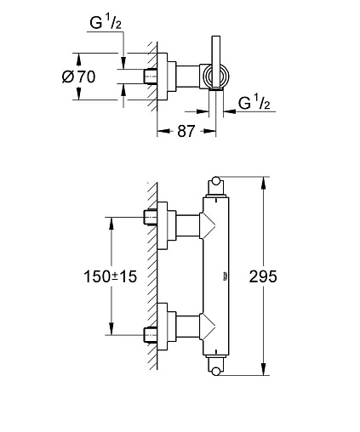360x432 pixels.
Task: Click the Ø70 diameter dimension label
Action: coord(78,77)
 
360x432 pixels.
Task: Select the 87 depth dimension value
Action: coord(186,131)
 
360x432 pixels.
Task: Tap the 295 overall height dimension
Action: coord(263,276)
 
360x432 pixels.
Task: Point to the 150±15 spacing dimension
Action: coord(111,276)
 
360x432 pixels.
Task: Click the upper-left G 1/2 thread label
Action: coord(106,22)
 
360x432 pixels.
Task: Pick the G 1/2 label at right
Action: coord(254,102)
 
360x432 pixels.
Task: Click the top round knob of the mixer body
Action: coord(216,181)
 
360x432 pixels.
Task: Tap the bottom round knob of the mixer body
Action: coord(216,371)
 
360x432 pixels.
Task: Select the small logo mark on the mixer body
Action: coord(226,276)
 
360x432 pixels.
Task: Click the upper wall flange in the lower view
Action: coord(163,225)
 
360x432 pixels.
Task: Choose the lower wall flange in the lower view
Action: coord(163,327)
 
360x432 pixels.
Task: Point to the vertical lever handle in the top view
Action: coord(216,61)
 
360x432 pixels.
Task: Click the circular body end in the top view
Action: coord(216,77)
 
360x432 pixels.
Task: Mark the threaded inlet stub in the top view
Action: coord(151,77)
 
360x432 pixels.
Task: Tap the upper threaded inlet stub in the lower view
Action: coord(151,218)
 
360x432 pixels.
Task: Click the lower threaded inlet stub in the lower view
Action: coord(151,335)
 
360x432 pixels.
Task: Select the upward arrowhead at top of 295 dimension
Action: coord(264,182)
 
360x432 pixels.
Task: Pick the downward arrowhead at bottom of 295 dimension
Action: coord(264,369)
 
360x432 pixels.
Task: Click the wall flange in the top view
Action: coord(163,77)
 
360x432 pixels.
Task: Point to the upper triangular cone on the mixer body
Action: coord(208,225)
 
